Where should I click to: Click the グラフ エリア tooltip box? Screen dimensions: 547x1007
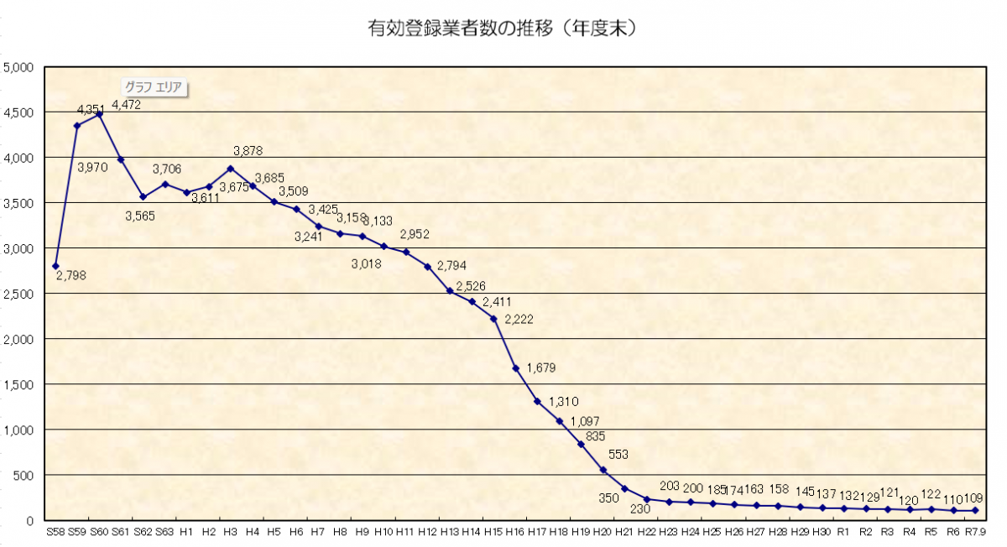click(154, 86)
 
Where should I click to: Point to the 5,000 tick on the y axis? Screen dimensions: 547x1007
click(18, 68)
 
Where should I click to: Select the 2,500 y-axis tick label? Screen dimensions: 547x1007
click(18, 294)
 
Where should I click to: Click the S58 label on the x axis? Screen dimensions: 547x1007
click(55, 532)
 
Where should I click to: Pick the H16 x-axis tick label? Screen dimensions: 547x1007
click(514, 532)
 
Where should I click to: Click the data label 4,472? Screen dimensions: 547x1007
click(126, 105)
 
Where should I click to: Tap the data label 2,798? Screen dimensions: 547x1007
click(70, 274)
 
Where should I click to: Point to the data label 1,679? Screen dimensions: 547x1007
click(541, 367)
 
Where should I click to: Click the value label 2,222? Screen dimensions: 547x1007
click(519, 319)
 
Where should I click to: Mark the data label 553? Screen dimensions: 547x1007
click(618, 455)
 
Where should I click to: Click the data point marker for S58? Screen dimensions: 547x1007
click(55, 266)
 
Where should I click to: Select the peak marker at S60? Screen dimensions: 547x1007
click(99, 114)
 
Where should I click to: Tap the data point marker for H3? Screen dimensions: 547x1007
click(230, 169)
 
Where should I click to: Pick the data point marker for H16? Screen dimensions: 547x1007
click(515, 368)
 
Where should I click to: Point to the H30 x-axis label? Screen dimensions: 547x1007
click(822, 532)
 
